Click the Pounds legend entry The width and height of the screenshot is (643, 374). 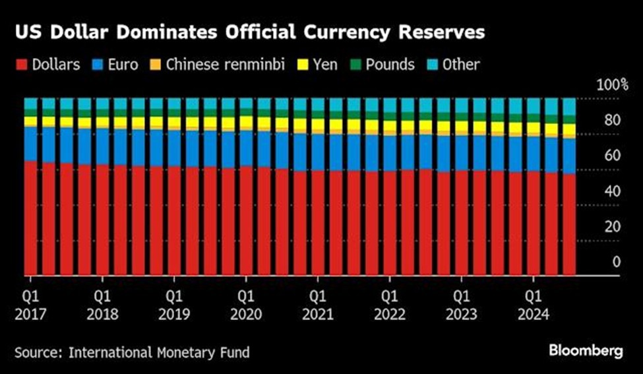383,65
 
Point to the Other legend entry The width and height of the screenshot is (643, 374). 454,65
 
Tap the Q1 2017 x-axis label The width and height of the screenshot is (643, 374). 30,305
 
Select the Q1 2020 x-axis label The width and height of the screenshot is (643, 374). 247,305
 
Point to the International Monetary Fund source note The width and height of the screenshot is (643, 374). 133,353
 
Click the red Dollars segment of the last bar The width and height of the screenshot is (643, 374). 568,224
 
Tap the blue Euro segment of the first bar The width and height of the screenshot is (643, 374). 30,143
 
